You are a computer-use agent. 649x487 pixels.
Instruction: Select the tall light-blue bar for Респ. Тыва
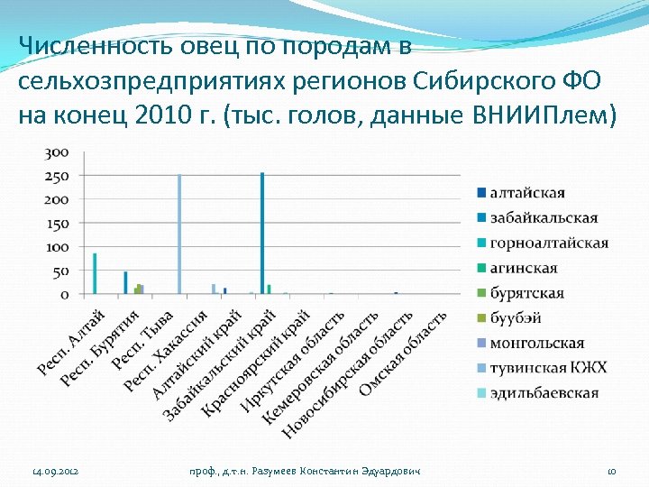coord(179,234)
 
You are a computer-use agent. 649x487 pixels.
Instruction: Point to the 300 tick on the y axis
coord(58,152)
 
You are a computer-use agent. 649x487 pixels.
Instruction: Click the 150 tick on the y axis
coord(58,223)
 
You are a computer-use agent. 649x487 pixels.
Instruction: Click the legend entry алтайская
coord(527,192)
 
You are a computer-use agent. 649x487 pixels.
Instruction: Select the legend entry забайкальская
coord(544,217)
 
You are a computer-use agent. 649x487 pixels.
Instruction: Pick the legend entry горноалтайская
coord(549,243)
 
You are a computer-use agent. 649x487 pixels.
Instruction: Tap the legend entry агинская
coord(524,268)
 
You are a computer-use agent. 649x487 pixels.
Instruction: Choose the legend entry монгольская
coord(537,344)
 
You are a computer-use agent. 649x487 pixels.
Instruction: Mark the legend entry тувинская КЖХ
coord(548,368)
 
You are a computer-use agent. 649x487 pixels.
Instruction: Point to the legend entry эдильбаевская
coord(544,393)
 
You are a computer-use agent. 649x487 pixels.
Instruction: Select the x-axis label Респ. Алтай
coord(71,343)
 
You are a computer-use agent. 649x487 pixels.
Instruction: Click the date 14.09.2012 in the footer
coord(56,472)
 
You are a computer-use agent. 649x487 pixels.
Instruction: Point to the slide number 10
coord(610,472)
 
